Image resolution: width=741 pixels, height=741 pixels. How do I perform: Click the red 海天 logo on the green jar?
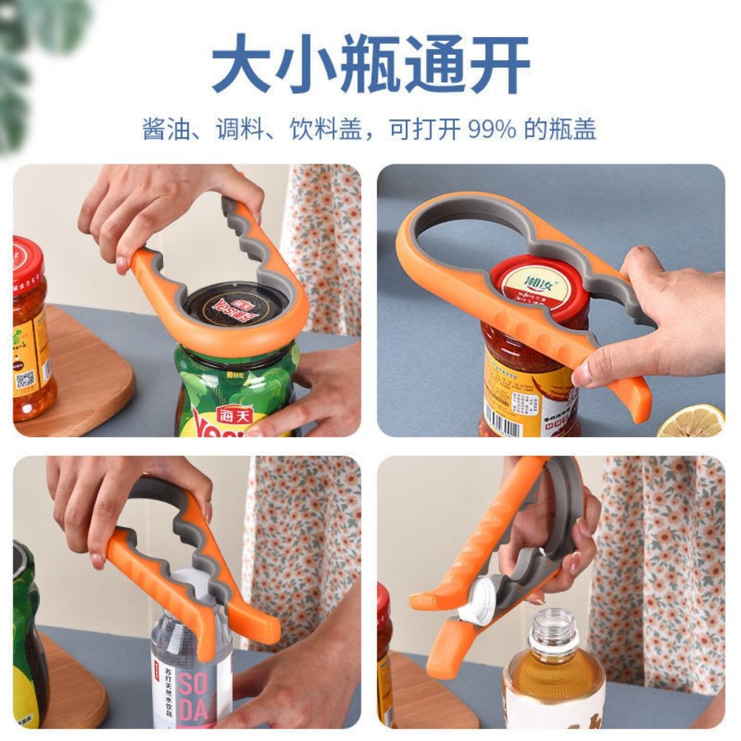[x=234, y=415]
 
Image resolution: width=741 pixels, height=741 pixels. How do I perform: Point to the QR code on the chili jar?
[x=27, y=380]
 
